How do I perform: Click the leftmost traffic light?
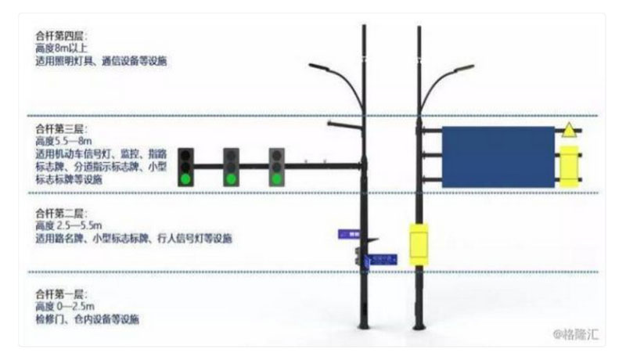click(185, 166)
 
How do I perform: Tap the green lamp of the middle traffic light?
click(231, 178)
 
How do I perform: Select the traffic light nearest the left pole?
click(276, 166)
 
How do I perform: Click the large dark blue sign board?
click(498, 157)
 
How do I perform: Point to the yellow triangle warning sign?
click(569, 131)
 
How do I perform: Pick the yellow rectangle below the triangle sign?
click(569, 166)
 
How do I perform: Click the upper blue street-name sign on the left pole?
click(348, 233)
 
